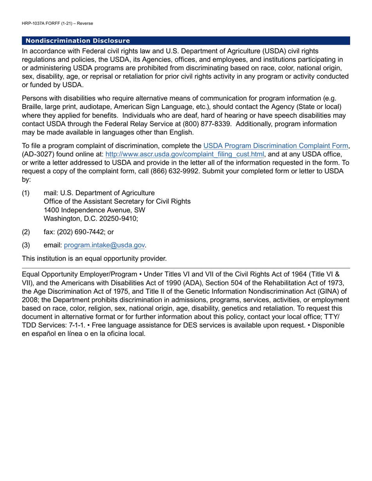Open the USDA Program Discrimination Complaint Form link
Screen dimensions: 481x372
(276, 146)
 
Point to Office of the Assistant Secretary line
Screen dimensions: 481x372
(117, 201)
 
